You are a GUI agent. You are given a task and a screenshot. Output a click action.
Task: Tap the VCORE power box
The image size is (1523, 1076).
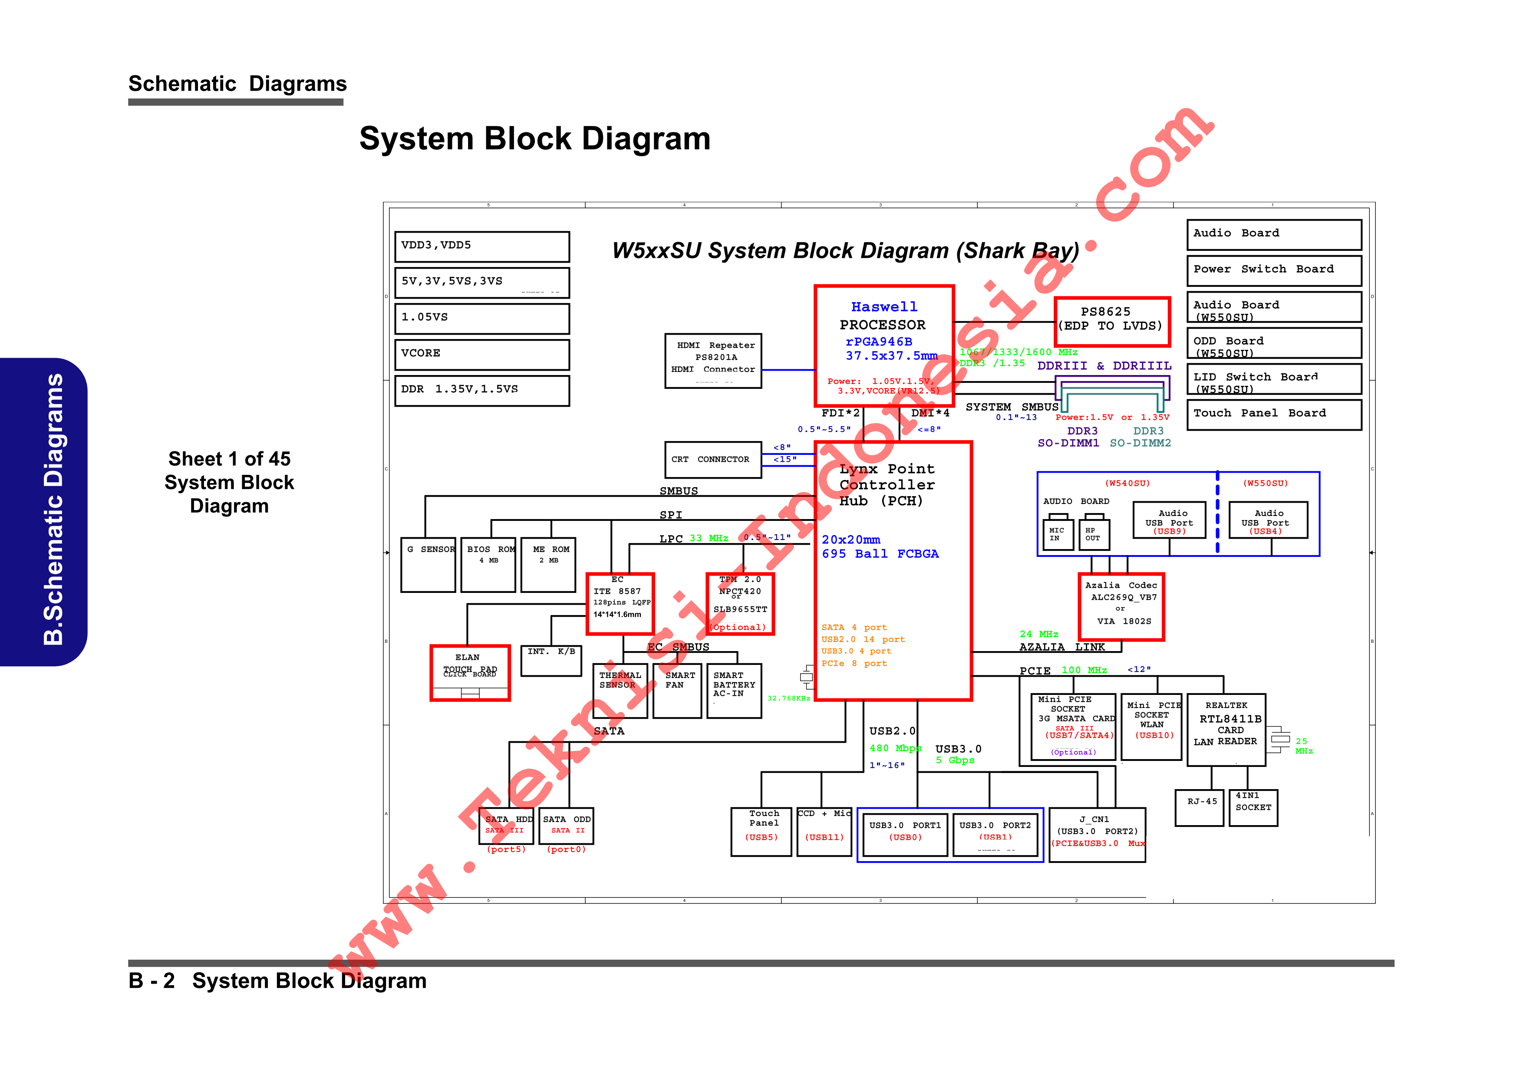click(481, 354)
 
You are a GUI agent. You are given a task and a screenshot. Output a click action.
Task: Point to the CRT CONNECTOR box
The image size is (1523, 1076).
click(712, 460)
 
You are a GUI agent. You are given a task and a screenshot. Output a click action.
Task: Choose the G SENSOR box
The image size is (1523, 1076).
click(428, 564)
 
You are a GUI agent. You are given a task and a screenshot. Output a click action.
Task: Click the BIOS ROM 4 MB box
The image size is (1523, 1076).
click(488, 564)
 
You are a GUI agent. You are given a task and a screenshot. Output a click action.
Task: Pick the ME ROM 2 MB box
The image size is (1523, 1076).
click(548, 564)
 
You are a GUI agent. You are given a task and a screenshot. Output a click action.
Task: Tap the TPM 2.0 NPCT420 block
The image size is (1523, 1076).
click(740, 603)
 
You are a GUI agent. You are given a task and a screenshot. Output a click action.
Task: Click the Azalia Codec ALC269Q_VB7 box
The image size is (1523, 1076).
click(1121, 606)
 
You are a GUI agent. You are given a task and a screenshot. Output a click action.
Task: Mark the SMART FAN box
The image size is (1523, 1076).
click(676, 690)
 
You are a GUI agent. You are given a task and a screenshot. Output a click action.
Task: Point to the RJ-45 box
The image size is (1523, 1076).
click(1199, 807)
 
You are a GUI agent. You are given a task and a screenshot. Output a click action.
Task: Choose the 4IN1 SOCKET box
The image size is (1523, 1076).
click(1253, 807)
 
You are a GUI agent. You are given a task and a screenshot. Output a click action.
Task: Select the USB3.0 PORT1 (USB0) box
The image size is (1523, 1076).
click(905, 834)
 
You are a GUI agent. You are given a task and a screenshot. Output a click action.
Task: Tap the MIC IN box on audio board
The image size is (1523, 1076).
click(1056, 534)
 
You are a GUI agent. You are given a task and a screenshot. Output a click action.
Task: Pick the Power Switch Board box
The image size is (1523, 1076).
click(1274, 270)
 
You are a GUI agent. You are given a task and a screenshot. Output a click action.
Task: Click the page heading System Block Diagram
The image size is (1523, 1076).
click(534, 138)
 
